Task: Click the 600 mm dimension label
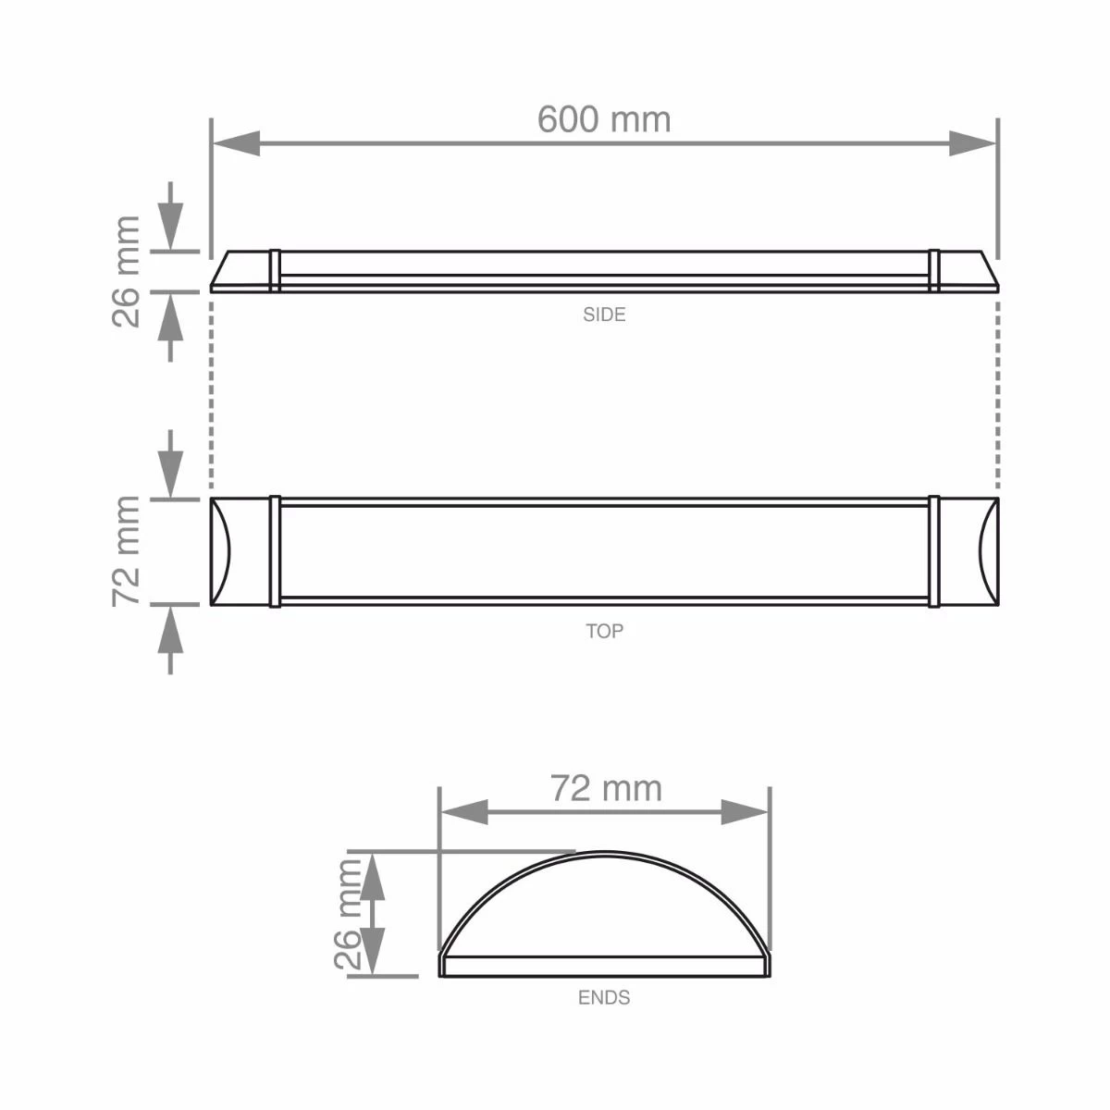(x=604, y=119)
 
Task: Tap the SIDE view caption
(x=604, y=314)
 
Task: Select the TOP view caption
(x=604, y=631)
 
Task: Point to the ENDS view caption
(x=604, y=998)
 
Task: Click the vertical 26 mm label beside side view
(x=126, y=271)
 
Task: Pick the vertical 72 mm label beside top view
(x=126, y=551)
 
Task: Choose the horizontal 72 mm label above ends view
(x=606, y=788)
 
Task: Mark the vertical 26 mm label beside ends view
(x=349, y=914)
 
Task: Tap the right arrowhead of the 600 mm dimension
(x=973, y=143)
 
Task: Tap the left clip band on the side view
(x=275, y=270)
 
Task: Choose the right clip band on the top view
(x=934, y=552)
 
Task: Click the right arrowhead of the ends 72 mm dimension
(x=746, y=813)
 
